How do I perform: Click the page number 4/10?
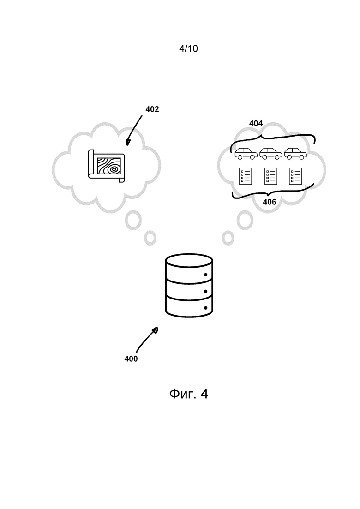(188, 48)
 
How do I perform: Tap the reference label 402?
(152, 109)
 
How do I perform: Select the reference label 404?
(256, 123)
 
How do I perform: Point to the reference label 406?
(270, 202)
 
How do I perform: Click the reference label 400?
(131, 359)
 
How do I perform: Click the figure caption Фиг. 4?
(189, 394)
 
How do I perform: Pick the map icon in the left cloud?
(107, 166)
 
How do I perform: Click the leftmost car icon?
(246, 154)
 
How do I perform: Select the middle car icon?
(270, 154)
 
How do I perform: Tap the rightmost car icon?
(295, 154)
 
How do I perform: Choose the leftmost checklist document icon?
(246, 176)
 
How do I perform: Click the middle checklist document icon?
(271, 176)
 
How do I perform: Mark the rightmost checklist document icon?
(295, 176)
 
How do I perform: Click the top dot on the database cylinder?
(205, 275)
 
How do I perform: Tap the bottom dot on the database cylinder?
(205, 308)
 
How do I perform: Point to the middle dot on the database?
(205, 291)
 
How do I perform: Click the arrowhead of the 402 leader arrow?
(128, 143)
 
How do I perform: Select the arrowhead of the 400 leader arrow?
(156, 330)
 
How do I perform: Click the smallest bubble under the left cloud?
(150, 238)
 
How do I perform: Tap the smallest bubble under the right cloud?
(228, 238)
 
